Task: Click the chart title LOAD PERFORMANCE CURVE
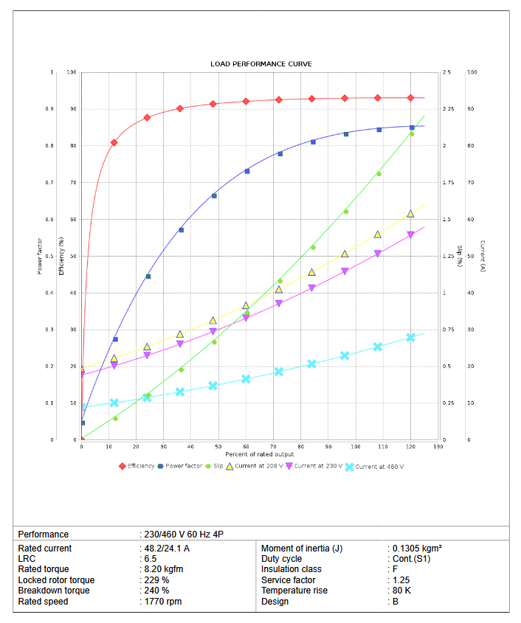[260, 64]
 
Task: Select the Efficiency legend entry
[141, 466]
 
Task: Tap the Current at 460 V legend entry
[379, 467]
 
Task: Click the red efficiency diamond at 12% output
[114, 142]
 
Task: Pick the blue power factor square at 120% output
[412, 128]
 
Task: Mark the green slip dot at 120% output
[412, 133]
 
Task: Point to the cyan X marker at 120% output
[411, 337]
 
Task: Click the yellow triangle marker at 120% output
[411, 213]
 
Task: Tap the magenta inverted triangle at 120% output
[411, 235]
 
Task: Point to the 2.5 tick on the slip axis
[447, 72]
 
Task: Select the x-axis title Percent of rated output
[260, 454]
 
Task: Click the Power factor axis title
[40, 256]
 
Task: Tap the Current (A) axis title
[482, 256]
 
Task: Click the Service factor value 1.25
[400, 580]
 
